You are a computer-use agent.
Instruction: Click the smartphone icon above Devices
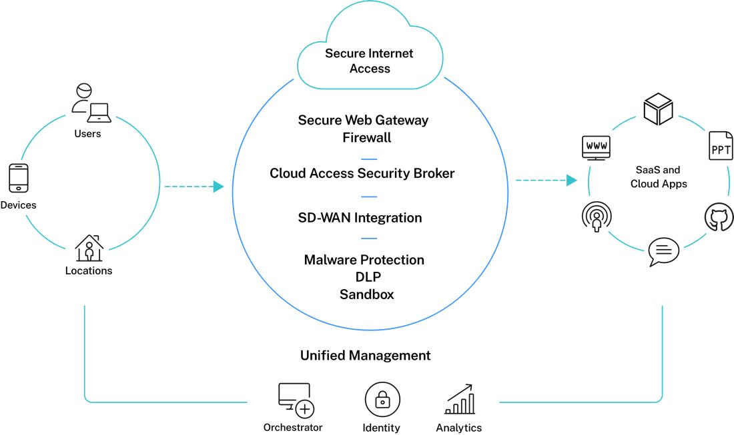(x=18, y=178)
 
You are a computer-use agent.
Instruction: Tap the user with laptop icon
(x=91, y=103)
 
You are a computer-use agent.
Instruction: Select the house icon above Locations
(x=89, y=248)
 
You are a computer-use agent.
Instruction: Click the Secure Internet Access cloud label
(x=369, y=61)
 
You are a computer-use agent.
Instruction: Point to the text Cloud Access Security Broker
(x=362, y=173)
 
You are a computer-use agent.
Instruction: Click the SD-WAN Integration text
(x=360, y=218)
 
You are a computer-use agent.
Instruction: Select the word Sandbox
(x=366, y=294)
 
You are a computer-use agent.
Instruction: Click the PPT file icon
(x=721, y=146)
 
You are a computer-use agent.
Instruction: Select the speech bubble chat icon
(x=663, y=252)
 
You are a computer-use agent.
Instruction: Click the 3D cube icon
(x=657, y=109)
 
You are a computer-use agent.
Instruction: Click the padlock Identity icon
(x=382, y=400)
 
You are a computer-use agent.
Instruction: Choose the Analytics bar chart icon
(x=460, y=400)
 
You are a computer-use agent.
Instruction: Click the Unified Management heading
(x=365, y=355)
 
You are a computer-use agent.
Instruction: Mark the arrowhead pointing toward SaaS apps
(x=571, y=181)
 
